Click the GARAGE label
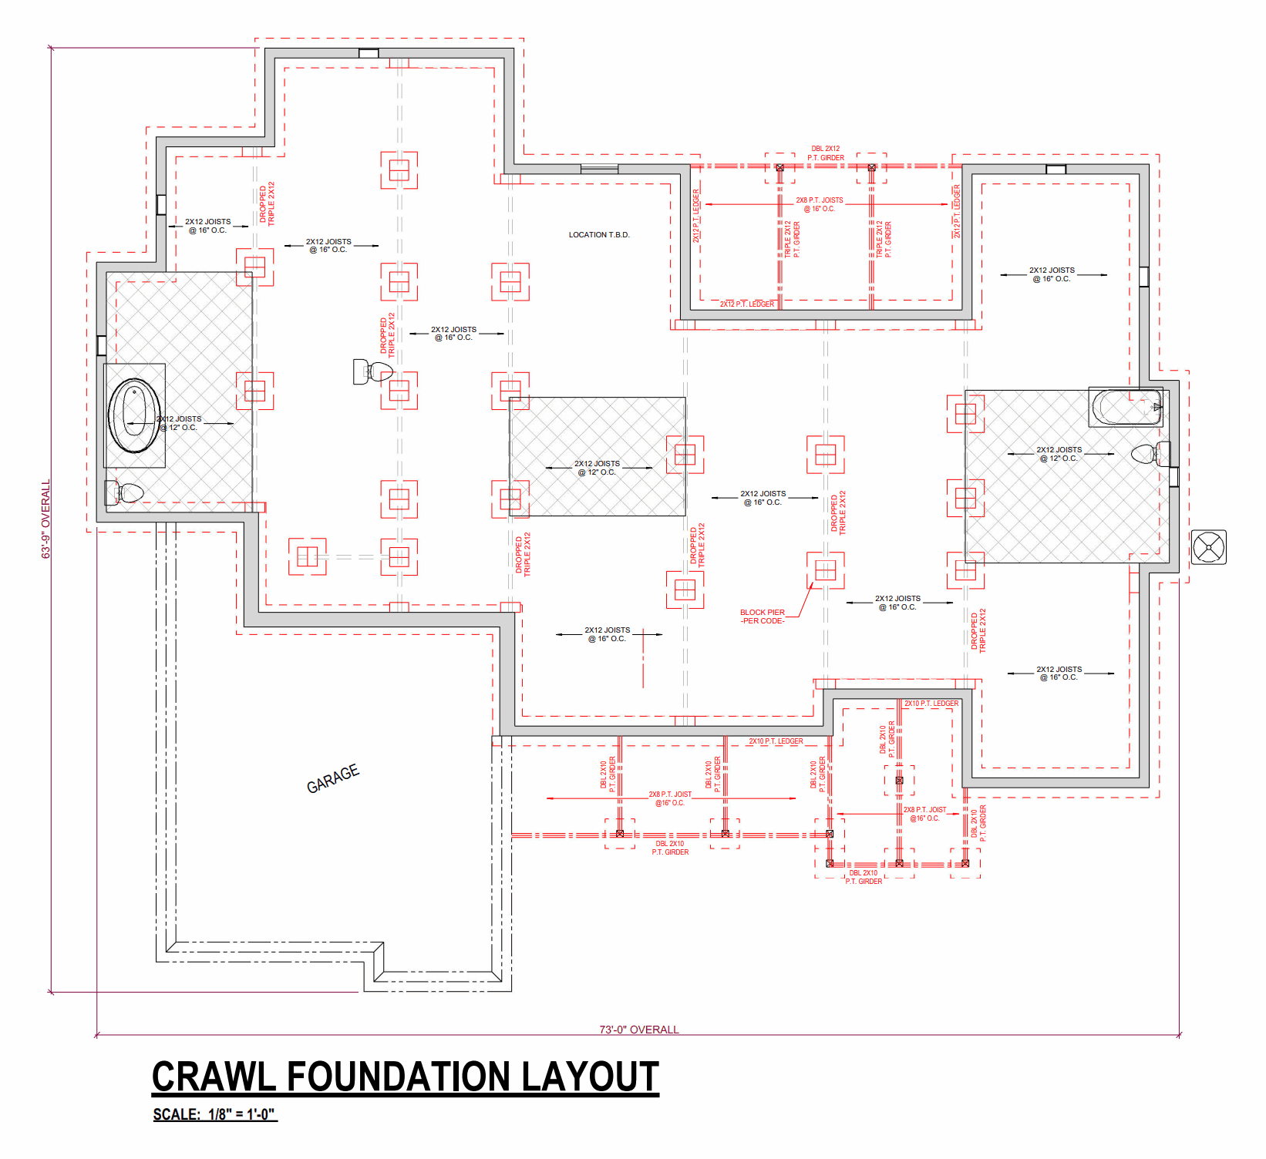[333, 778]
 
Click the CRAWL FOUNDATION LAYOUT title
[406, 1077]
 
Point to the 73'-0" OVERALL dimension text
[639, 1030]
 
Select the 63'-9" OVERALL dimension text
[45, 519]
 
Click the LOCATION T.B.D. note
[599, 235]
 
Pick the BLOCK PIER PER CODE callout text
[763, 616]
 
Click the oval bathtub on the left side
[134, 415]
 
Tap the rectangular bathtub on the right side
[1126, 408]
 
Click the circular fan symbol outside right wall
[1208, 548]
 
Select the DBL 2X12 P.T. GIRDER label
[826, 153]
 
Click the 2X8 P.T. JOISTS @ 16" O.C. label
[820, 204]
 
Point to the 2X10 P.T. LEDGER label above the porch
[776, 741]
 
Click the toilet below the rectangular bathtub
[1150, 454]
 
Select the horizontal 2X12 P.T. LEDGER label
[747, 304]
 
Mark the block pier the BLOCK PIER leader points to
[825, 570]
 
